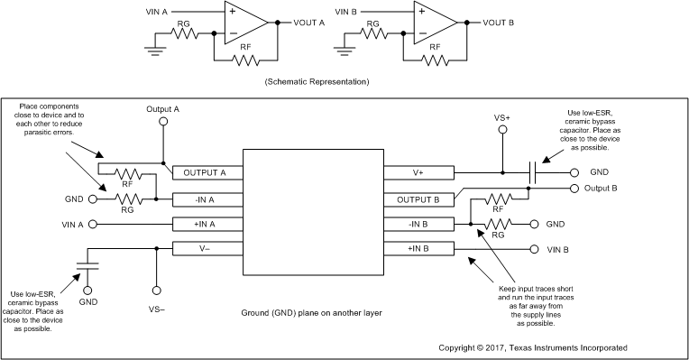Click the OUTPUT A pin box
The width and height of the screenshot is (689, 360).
[x=205, y=172]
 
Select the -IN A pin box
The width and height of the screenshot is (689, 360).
[x=205, y=198]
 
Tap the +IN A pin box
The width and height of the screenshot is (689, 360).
[x=205, y=223]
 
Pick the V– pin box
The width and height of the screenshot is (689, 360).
[x=205, y=248]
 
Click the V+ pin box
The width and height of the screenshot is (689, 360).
[x=419, y=172]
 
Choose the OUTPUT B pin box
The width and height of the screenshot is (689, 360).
[x=419, y=198]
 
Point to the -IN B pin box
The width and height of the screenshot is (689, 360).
[x=419, y=223]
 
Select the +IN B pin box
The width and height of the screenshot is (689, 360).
[x=419, y=248]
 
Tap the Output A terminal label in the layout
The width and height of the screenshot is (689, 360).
[x=163, y=108]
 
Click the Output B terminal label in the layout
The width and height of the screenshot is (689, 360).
[x=599, y=189]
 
